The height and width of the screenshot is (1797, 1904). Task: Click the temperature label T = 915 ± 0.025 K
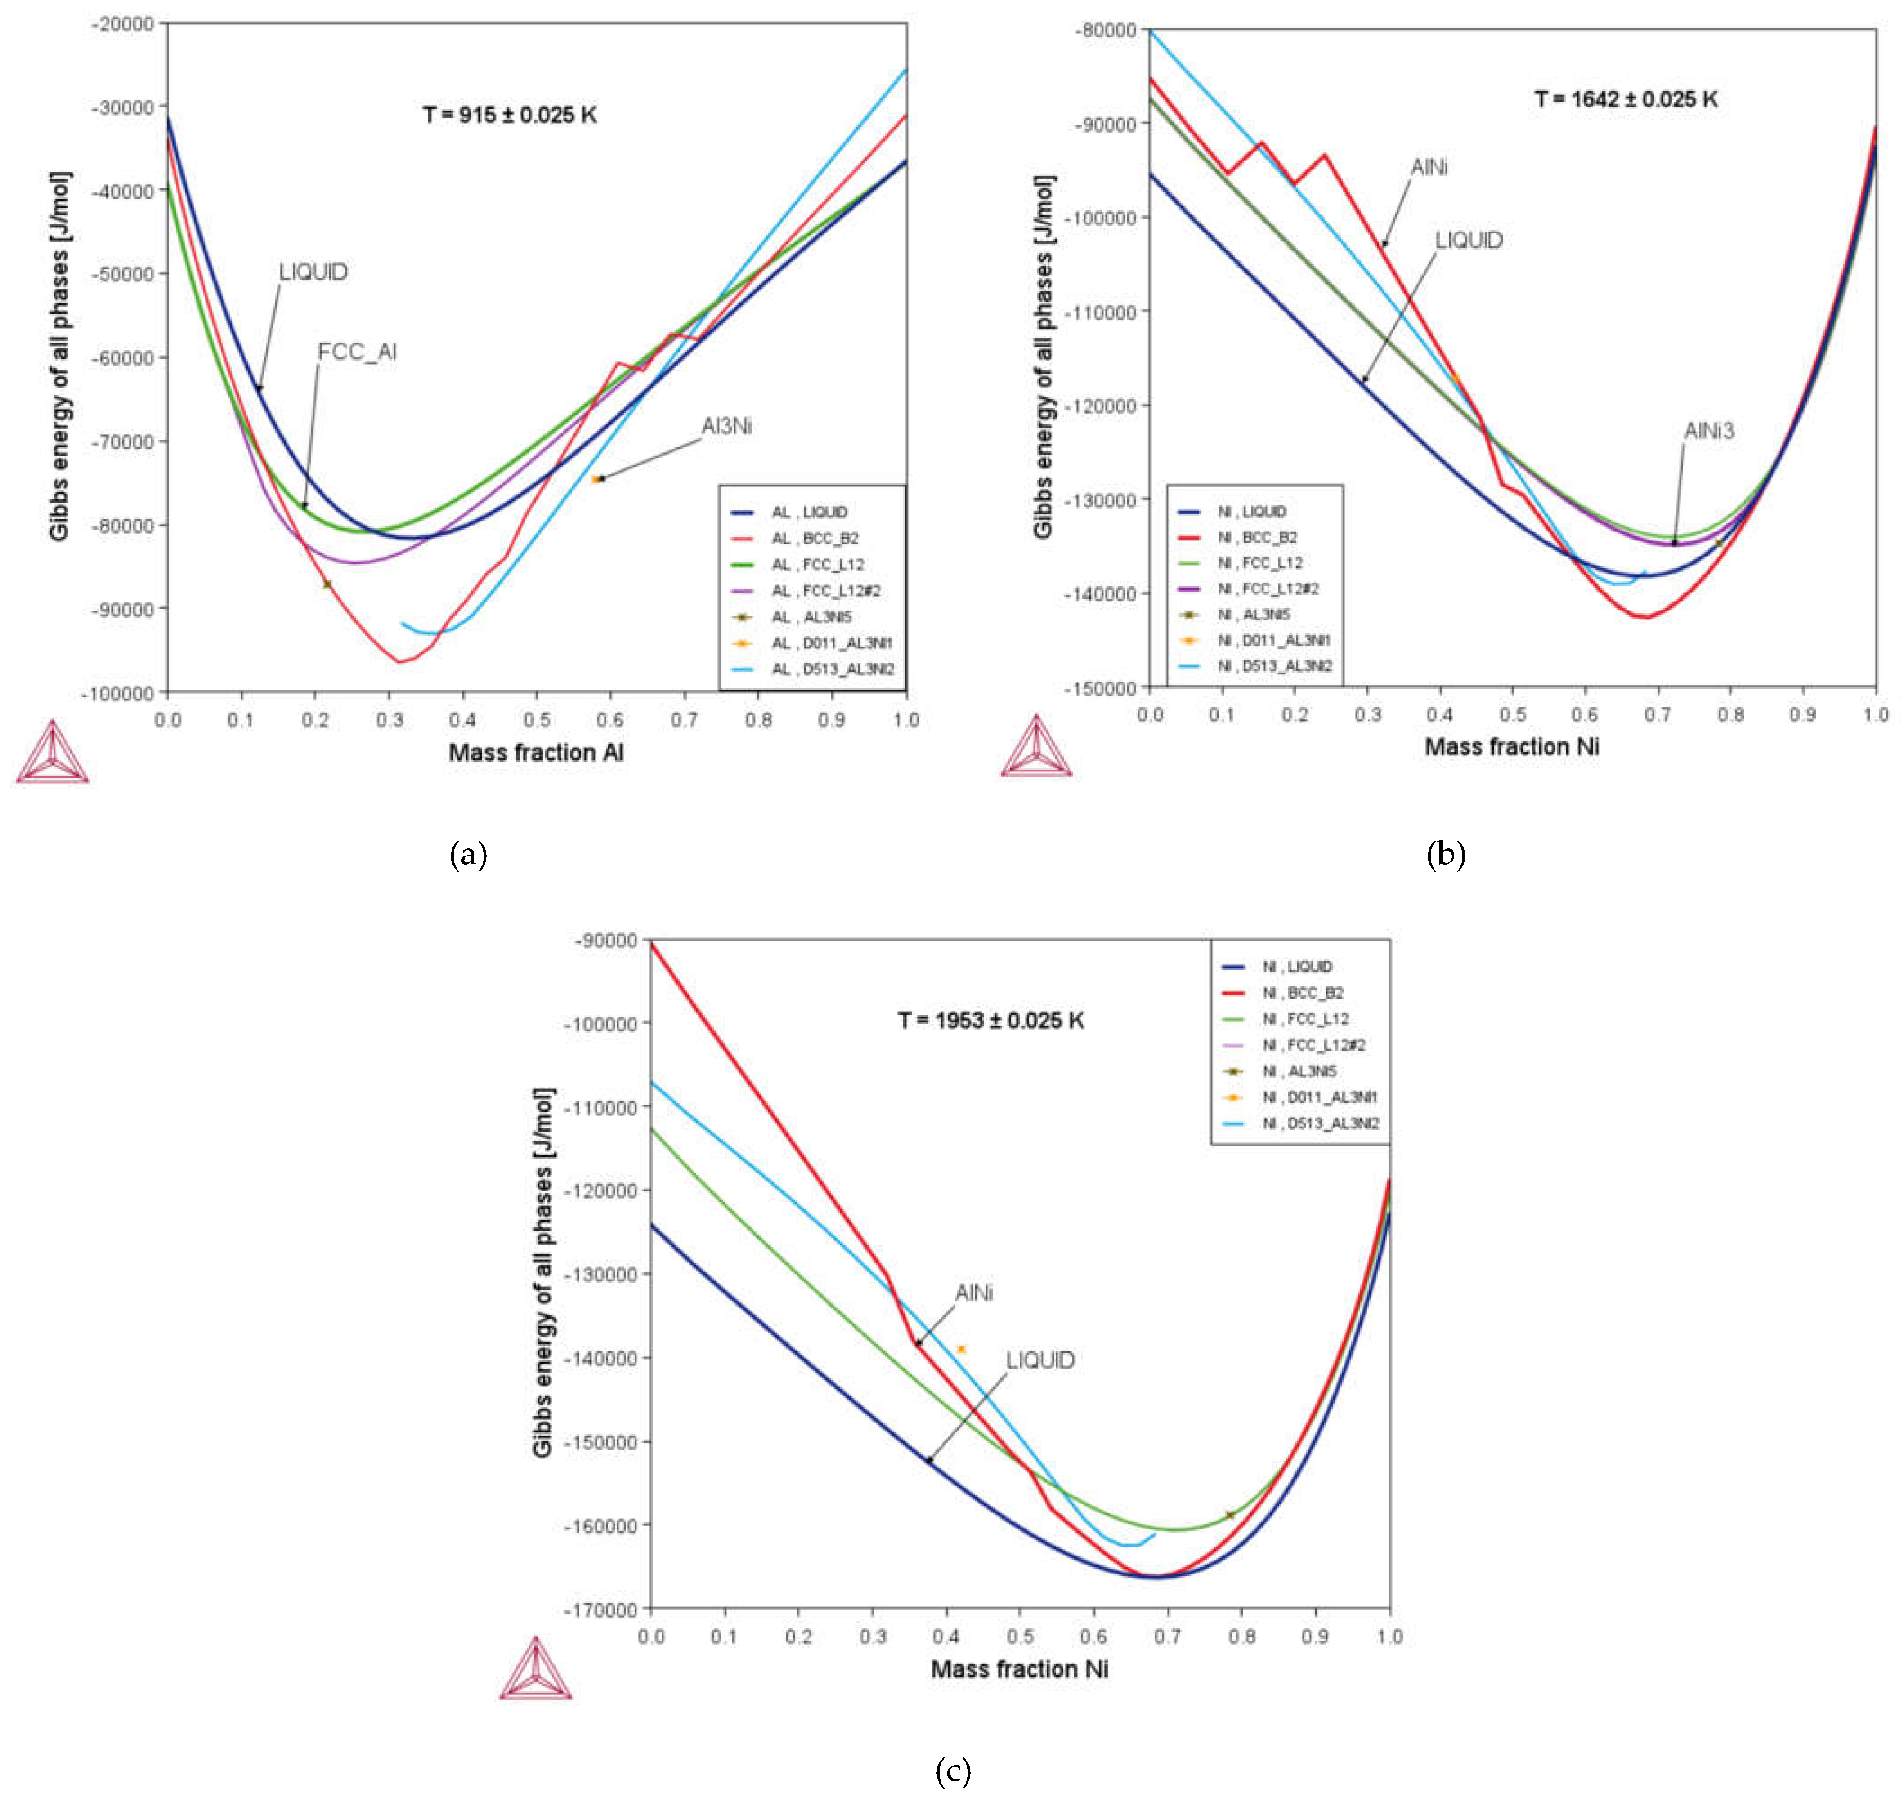click(x=510, y=115)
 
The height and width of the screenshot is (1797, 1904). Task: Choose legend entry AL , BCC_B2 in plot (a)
click(x=815, y=538)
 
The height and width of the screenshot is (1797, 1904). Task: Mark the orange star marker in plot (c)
click(x=961, y=1349)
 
